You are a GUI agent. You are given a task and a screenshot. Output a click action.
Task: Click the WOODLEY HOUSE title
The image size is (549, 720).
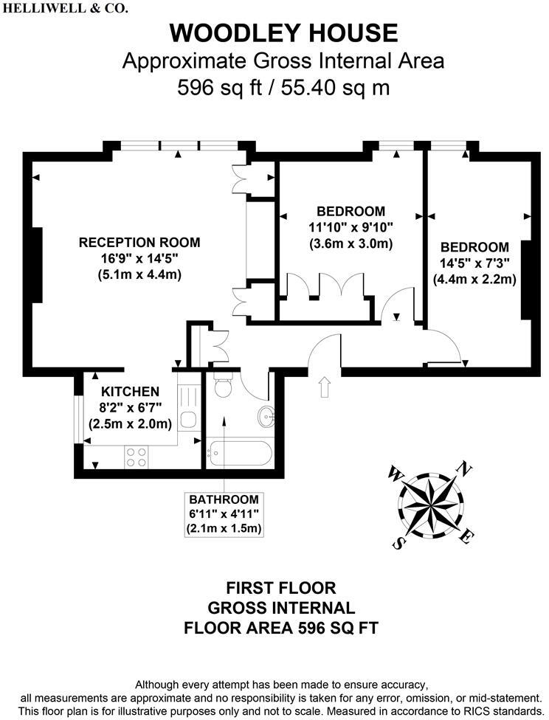point(284,33)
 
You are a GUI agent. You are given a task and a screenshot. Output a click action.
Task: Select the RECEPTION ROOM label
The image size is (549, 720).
point(139,242)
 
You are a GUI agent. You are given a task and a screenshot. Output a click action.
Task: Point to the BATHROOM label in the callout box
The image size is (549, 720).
point(224,498)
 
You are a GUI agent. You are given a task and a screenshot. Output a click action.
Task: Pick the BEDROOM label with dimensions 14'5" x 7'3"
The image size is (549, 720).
point(474,247)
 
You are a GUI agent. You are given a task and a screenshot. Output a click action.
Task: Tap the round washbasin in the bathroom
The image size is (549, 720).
point(266,418)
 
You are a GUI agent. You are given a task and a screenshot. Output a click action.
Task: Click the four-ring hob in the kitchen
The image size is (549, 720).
point(136,457)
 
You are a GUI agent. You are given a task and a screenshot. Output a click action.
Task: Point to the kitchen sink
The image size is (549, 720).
point(188,420)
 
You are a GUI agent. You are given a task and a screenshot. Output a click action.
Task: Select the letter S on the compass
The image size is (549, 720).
point(398,544)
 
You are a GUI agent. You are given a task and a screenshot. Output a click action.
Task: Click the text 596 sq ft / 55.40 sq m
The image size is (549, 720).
point(284,88)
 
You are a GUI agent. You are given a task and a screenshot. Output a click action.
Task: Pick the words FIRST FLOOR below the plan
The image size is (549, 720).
point(280,588)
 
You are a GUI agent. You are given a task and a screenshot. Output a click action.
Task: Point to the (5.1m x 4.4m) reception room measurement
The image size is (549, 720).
point(139,274)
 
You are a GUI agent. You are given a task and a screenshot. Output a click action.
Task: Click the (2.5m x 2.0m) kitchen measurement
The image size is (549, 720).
point(131,424)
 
